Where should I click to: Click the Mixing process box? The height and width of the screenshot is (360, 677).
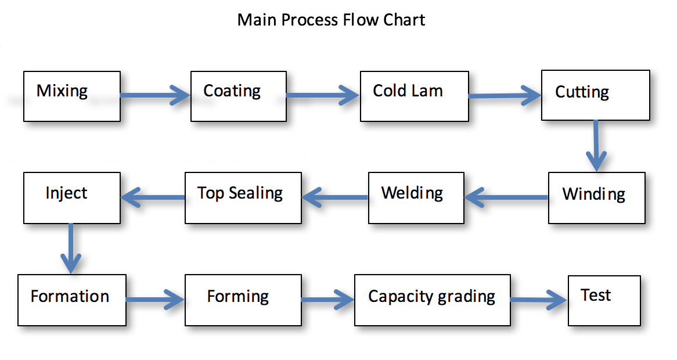click(72, 96)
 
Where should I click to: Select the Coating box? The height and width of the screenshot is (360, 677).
click(239, 96)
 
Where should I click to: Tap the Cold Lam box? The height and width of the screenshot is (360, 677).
click(414, 96)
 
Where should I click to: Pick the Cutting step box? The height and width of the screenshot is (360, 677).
click(595, 95)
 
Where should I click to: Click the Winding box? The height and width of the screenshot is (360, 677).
click(596, 197)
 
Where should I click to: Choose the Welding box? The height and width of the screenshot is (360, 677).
click(416, 197)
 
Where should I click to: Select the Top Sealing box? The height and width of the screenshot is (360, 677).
click(243, 197)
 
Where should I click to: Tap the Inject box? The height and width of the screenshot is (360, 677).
click(72, 197)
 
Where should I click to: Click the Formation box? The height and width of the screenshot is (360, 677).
click(72, 300)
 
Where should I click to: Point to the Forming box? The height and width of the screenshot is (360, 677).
click(243, 300)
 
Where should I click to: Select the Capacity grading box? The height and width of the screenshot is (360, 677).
click(432, 300)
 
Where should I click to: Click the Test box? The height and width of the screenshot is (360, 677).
click(604, 300)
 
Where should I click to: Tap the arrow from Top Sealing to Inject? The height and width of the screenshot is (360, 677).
click(153, 198)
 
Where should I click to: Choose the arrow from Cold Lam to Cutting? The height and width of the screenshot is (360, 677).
click(505, 95)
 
